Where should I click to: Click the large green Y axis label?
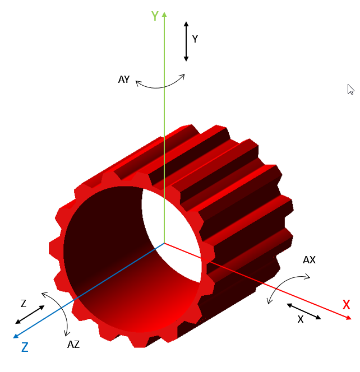click(x=155, y=16)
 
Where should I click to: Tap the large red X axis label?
click(x=346, y=305)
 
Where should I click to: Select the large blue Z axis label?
click(x=25, y=347)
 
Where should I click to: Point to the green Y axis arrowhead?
click(x=164, y=14)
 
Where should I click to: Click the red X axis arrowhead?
click(x=349, y=318)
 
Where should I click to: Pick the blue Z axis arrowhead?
click(x=16, y=336)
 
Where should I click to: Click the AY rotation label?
click(x=124, y=80)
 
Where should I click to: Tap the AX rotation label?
click(x=309, y=260)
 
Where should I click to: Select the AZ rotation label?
click(x=73, y=345)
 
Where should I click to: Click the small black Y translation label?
click(x=195, y=39)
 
